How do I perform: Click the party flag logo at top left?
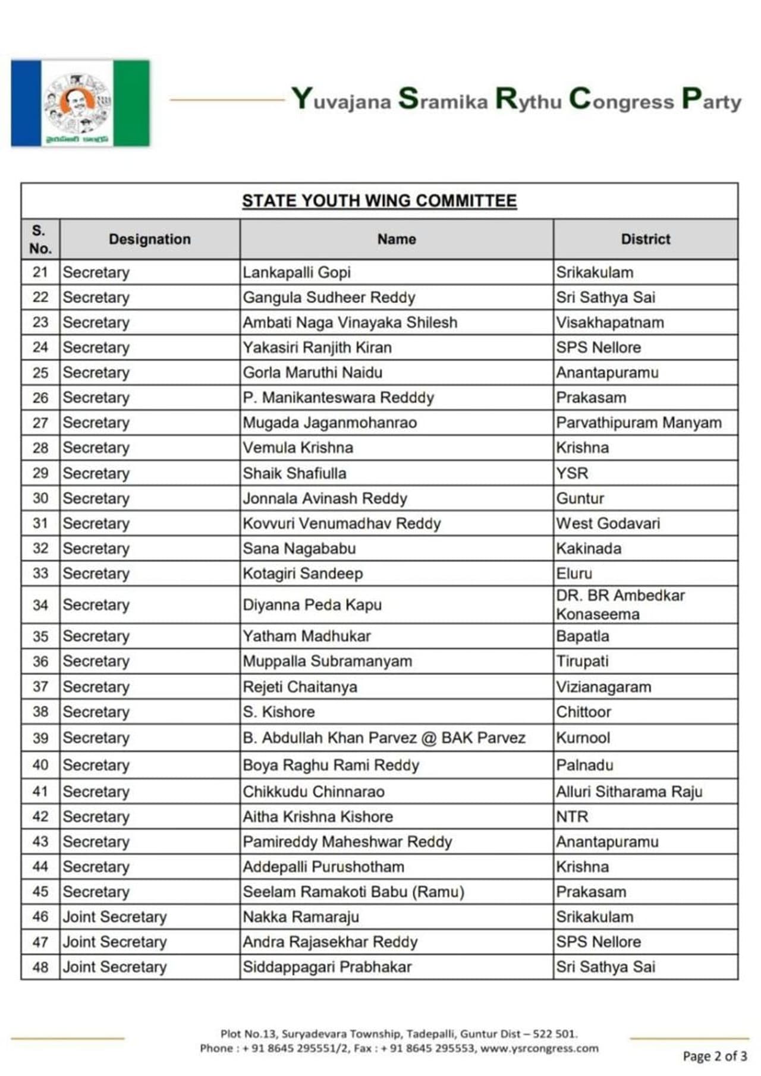(x=80, y=103)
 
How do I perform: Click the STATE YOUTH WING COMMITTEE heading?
(x=379, y=201)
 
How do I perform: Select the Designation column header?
(x=150, y=239)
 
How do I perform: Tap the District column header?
(x=645, y=239)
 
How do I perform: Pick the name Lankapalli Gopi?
(x=297, y=272)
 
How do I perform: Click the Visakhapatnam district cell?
(x=610, y=322)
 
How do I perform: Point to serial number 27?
(x=40, y=423)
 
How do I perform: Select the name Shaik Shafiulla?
(x=294, y=473)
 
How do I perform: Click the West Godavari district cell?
(x=608, y=523)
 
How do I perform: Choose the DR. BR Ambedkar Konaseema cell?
(x=620, y=605)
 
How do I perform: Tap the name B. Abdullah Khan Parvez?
(x=383, y=738)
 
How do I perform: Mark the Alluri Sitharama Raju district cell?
(x=629, y=792)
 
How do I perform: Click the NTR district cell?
(x=572, y=817)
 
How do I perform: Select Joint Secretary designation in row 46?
(x=115, y=917)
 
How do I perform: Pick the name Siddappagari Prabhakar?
(x=327, y=967)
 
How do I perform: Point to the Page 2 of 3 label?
(x=714, y=1056)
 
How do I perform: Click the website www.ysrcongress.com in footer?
(x=539, y=1048)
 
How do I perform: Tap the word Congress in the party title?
(x=621, y=100)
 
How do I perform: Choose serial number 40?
(x=40, y=765)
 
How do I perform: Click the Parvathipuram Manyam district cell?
(x=639, y=423)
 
